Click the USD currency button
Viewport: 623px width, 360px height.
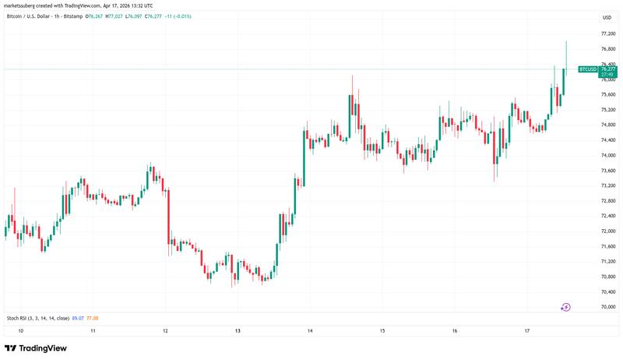[x=607, y=16]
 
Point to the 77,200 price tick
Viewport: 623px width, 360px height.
[x=609, y=34]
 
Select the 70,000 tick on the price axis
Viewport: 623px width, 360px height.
[x=609, y=307]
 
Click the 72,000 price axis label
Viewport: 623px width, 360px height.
[x=609, y=231]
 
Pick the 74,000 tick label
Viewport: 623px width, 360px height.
[x=609, y=156]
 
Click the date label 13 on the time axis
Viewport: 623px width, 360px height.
[x=238, y=330]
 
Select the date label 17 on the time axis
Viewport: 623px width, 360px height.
[x=527, y=330]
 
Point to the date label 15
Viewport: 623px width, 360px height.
[x=382, y=330]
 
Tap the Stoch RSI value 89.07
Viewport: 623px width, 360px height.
[x=77, y=318]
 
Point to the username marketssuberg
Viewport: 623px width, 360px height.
[x=23, y=5]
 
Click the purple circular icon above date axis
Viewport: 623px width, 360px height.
[x=566, y=307]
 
